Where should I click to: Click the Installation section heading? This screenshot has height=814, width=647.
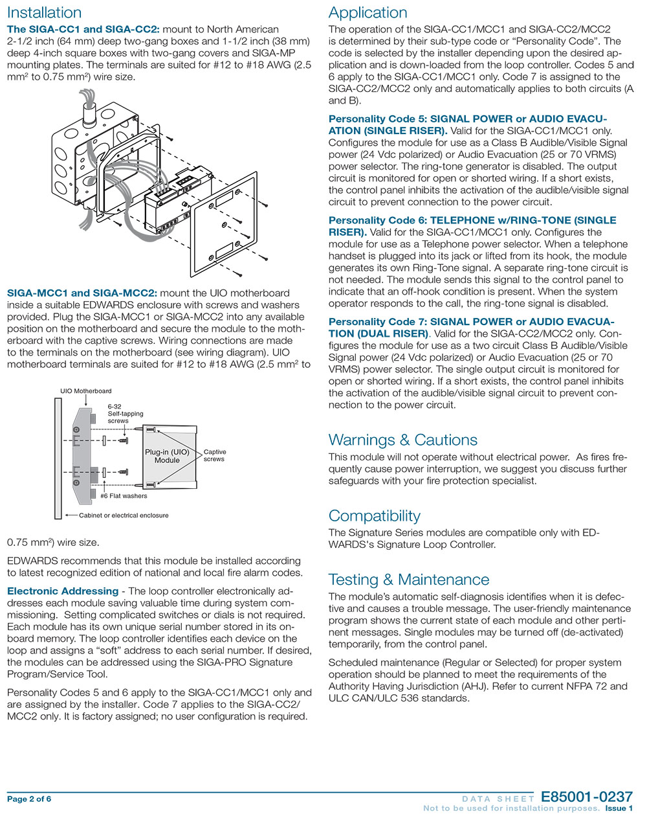click(44, 13)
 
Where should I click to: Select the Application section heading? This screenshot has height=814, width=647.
click(367, 13)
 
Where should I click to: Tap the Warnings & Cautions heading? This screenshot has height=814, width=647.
click(402, 440)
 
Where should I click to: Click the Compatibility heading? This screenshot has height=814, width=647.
click(374, 516)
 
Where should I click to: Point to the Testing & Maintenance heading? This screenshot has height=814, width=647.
click(408, 580)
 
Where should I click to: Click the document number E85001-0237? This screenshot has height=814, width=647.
click(586, 797)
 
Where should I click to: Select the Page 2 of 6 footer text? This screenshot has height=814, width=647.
click(29, 799)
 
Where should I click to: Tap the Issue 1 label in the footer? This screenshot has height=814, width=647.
click(619, 808)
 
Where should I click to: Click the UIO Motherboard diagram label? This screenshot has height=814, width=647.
click(85, 391)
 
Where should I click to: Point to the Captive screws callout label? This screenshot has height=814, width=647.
click(214, 455)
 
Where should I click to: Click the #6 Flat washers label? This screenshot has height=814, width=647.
click(123, 496)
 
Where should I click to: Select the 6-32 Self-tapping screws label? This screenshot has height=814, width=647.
click(125, 414)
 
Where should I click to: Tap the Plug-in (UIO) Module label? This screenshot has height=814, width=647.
click(167, 456)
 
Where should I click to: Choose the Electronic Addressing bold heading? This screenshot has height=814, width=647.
click(63, 591)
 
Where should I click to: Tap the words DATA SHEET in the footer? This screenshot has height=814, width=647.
click(498, 799)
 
